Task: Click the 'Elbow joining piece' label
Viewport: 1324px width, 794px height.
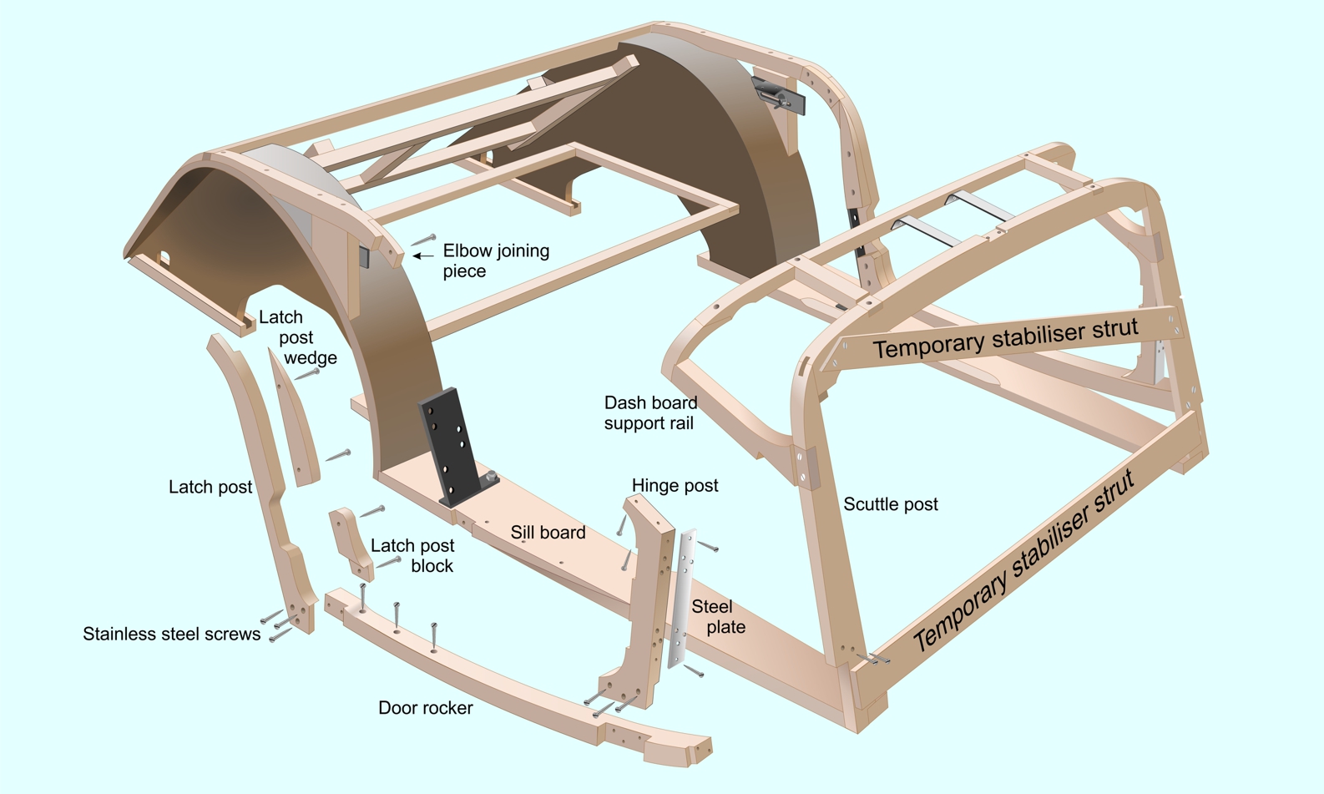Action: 496,260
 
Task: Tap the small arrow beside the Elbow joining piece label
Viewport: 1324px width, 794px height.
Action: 423,256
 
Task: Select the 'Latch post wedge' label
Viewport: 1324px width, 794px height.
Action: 298,337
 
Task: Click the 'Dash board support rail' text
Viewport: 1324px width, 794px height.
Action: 650,412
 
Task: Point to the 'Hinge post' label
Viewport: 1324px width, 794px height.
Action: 675,485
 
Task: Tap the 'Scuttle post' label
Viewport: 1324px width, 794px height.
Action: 890,504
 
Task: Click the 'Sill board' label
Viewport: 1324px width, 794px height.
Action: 548,532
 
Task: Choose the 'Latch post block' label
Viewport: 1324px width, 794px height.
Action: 412,555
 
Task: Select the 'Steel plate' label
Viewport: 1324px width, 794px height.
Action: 718,617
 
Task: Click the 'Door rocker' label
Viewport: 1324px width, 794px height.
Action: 426,708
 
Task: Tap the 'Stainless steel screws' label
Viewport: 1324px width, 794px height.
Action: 171,634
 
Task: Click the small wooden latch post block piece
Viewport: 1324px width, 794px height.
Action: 351,544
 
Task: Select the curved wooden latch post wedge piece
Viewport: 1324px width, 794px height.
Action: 294,417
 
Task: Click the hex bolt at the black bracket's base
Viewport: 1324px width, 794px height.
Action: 491,475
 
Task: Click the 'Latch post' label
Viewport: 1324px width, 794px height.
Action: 210,487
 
